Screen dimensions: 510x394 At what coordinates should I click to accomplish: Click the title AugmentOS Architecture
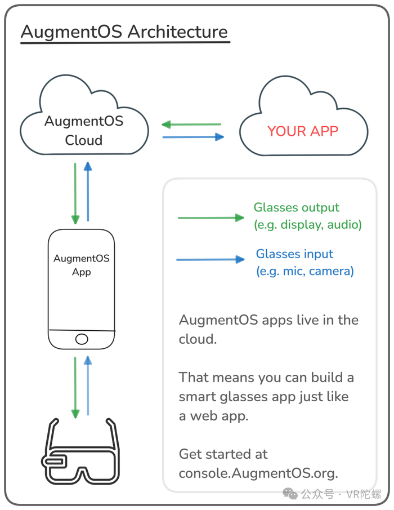tap(124, 32)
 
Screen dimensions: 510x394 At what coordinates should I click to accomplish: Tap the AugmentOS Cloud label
tap(84, 130)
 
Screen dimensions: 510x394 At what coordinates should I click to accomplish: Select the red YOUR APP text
tap(303, 131)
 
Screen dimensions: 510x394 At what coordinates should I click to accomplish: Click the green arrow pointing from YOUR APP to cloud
tap(191, 125)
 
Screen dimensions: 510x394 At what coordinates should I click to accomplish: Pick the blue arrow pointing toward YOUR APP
tap(193, 136)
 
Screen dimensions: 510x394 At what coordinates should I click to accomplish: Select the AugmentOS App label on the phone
tap(82, 265)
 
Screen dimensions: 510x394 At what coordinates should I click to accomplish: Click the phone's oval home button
tap(82, 339)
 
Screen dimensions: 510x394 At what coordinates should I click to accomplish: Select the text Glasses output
tap(297, 207)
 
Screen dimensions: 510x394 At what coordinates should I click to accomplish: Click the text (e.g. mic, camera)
tap(305, 271)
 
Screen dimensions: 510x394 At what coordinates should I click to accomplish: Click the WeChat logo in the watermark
tap(290, 494)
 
